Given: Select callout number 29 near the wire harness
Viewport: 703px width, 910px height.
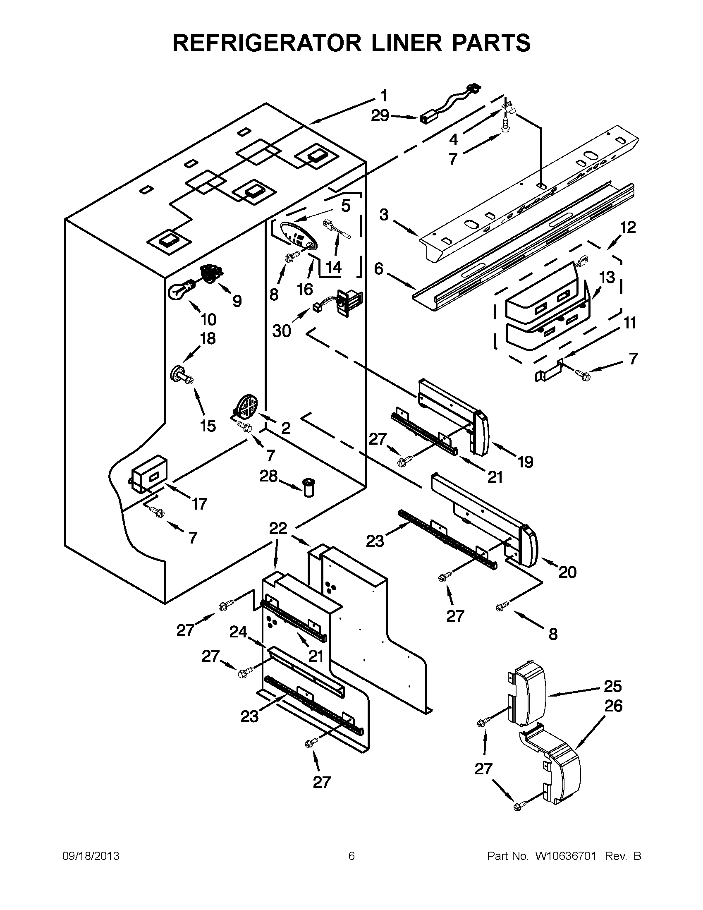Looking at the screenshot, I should coord(380,116).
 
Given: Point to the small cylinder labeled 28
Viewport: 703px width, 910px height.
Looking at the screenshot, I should coord(308,487).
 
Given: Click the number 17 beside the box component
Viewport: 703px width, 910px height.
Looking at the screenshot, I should coord(199,504).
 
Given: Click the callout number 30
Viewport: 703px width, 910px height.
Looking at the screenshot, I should coord(282,331).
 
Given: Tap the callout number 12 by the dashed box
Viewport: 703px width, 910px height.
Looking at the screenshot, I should coord(628,227).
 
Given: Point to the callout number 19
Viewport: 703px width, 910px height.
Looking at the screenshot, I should coord(526,462).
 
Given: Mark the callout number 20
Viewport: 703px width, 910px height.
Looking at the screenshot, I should coord(567,572).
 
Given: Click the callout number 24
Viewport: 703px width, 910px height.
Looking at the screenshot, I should coord(238,633).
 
